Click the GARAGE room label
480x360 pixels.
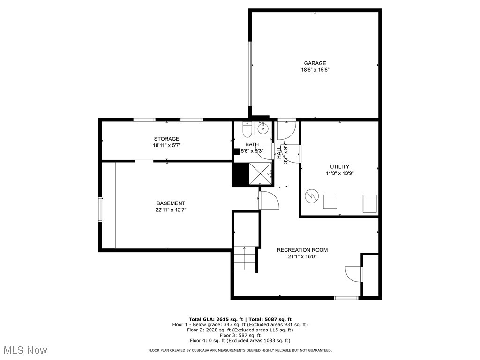tap(315, 63)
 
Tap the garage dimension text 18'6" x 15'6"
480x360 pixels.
tap(315, 70)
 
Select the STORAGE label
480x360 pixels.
tap(166, 139)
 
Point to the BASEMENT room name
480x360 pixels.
tap(171, 203)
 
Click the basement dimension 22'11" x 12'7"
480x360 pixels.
tap(171, 210)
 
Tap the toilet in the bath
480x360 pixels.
tap(247, 128)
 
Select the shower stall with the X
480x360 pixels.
tap(261, 174)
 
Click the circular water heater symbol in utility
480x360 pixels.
tap(311, 196)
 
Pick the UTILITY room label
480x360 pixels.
tap(339, 166)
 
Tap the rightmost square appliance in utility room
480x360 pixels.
tap(369, 202)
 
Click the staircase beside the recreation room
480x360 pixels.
tap(246, 259)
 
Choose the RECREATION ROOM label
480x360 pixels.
tap(302, 250)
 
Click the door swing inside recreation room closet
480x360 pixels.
tap(353, 274)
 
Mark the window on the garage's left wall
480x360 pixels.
tap(250, 74)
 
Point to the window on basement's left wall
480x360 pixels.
tap(100, 209)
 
